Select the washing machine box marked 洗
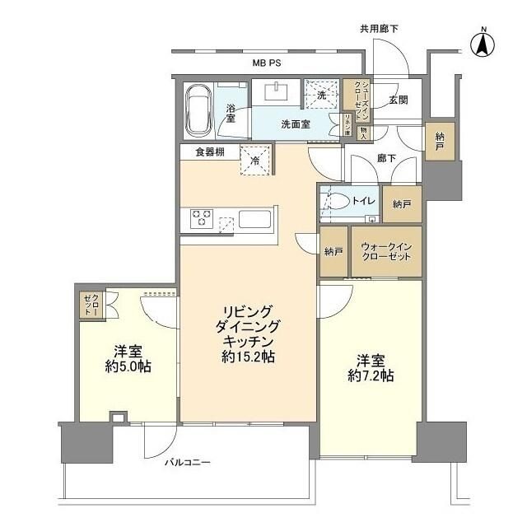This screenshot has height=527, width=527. pos(322,94)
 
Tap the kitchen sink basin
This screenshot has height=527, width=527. pos(254,220)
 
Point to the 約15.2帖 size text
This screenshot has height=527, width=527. pos(248,357)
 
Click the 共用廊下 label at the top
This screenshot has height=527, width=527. pos(379,29)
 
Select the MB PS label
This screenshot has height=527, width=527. pos(268,63)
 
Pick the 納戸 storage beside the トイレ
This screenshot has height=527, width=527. pos(402,203)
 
